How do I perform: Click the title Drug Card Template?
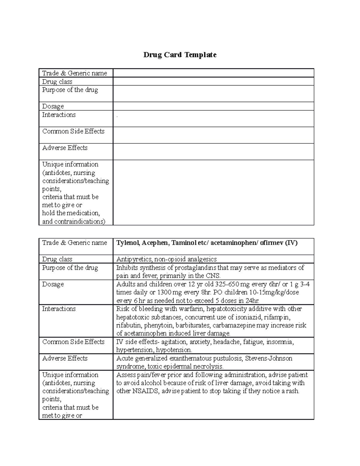[x=180, y=55]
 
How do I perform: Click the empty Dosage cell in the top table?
[x=213, y=106]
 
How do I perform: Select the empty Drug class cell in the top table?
[x=213, y=81]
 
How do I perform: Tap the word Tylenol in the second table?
[x=127, y=243]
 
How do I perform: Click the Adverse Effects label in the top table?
[x=65, y=148]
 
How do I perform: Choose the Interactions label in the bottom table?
[x=59, y=309]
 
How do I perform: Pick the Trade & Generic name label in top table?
[x=74, y=73]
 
